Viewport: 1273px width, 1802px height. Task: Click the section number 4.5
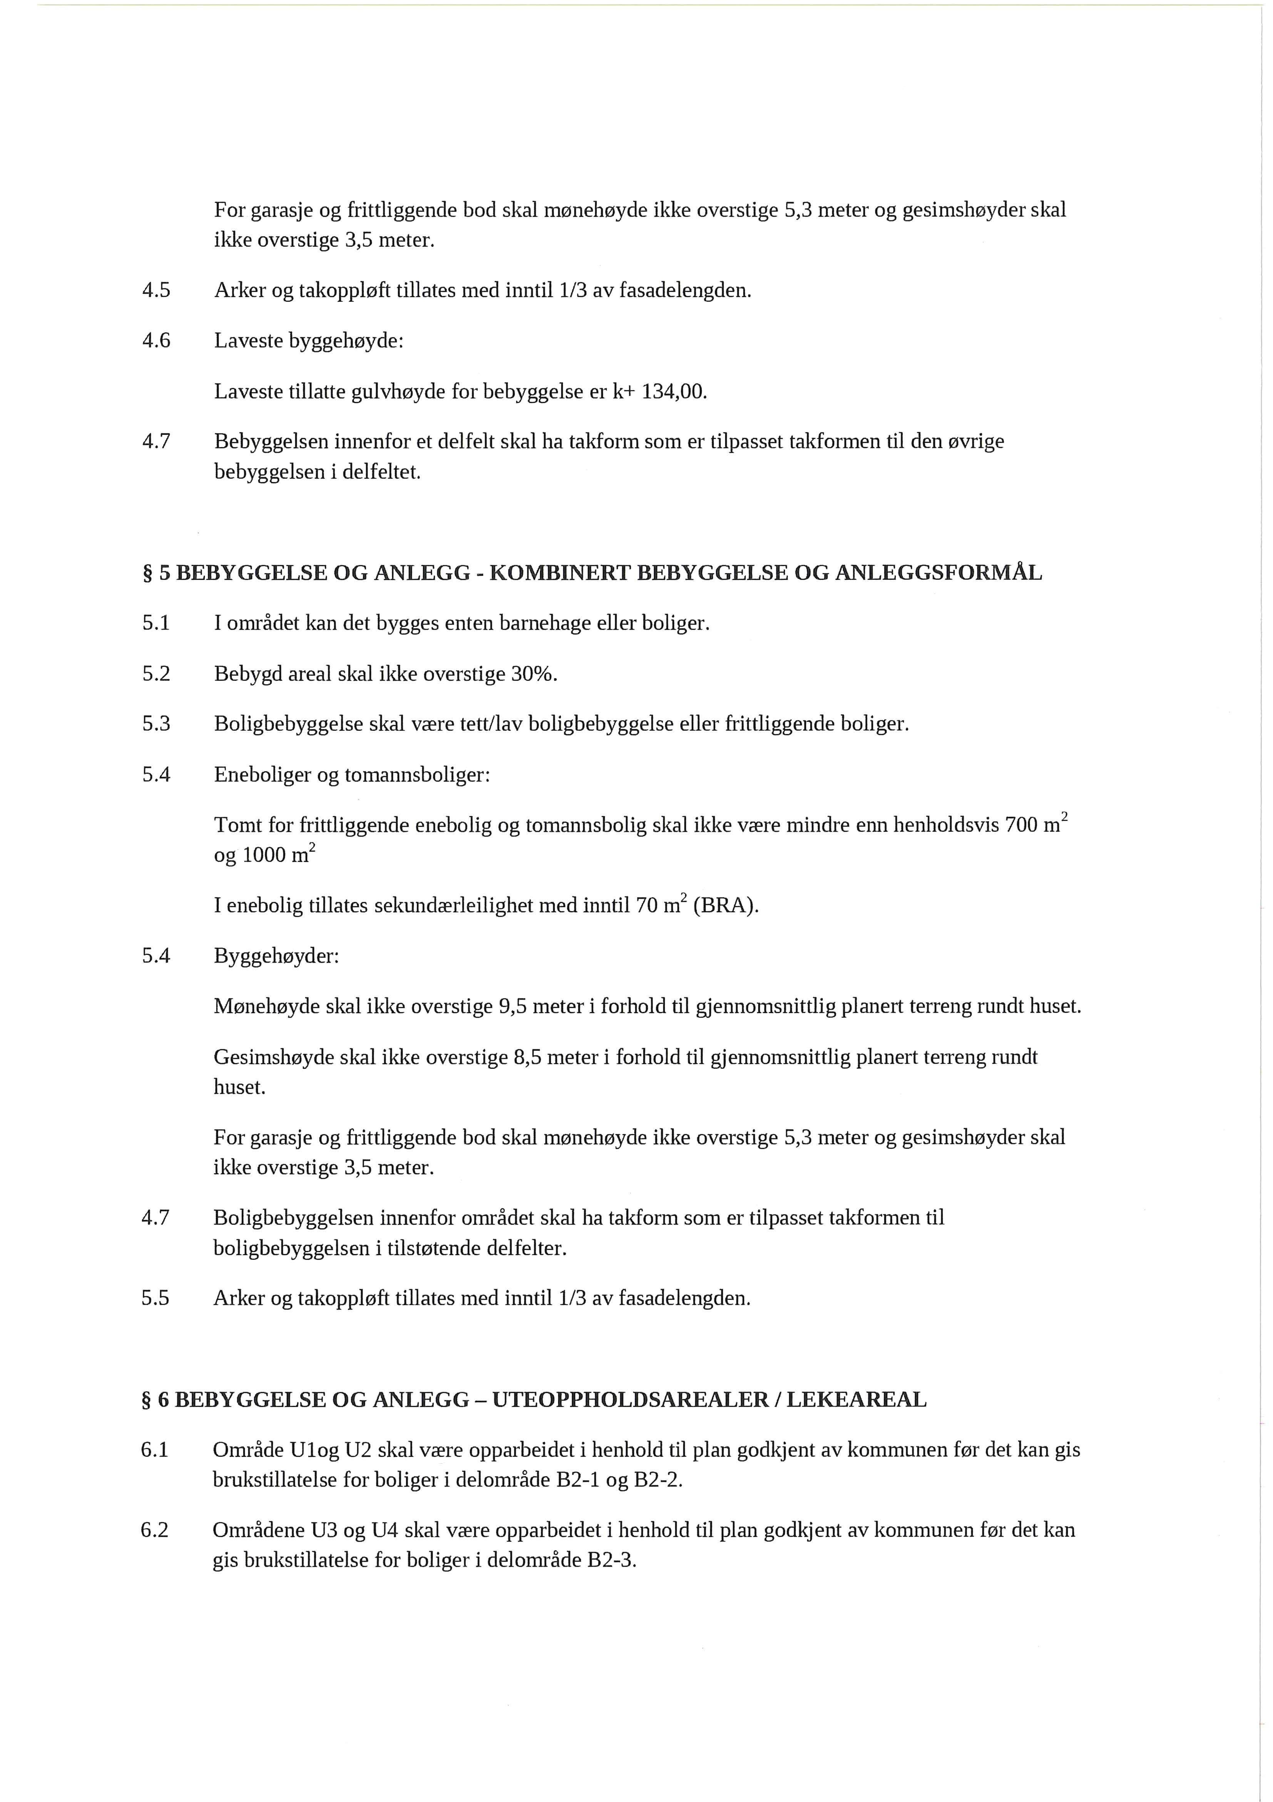tap(156, 291)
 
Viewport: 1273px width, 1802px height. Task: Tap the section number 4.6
tap(156, 342)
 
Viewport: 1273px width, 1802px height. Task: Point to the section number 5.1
tap(156, 624)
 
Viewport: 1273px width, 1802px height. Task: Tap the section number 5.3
tap(156, 723)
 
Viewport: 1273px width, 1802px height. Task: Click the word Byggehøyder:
tap(276, 957)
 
